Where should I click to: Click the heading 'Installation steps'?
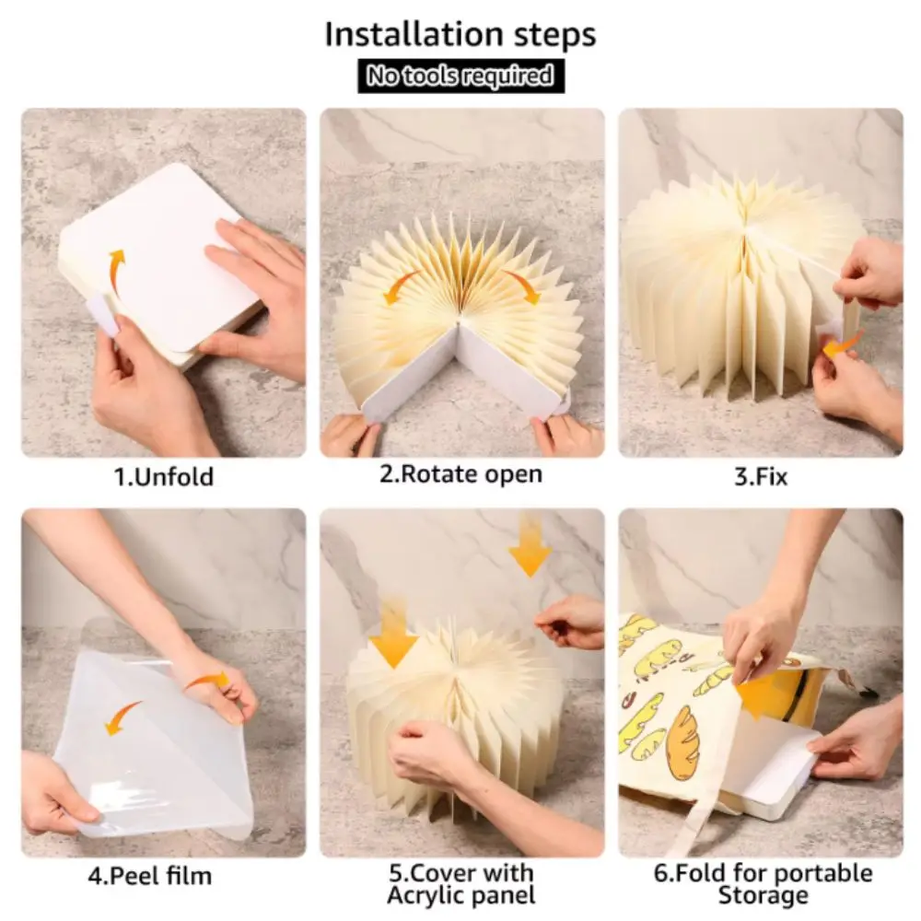coord(460,34)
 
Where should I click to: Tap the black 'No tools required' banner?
coord(461,76)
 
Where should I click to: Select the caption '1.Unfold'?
coord(163,476)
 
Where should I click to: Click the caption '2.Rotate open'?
coord(461,474)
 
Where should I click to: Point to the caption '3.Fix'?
coord(761,476)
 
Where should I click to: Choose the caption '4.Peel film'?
coord(150,876)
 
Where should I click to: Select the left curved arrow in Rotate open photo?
coord(401,285)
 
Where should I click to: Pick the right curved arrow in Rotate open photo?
coord(522,285)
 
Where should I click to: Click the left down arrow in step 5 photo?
coord(393,634)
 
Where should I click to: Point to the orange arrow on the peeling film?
coord(122,717)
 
